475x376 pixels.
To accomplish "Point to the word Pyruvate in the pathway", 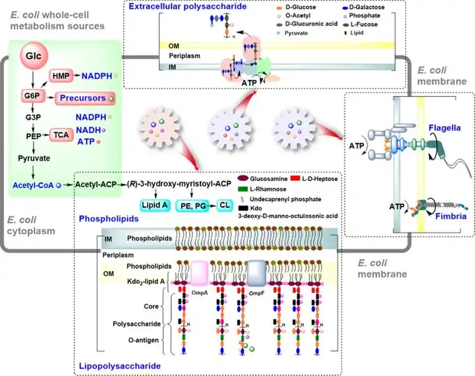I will pos(34,158).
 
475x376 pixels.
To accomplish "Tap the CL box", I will pos(225,205).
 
